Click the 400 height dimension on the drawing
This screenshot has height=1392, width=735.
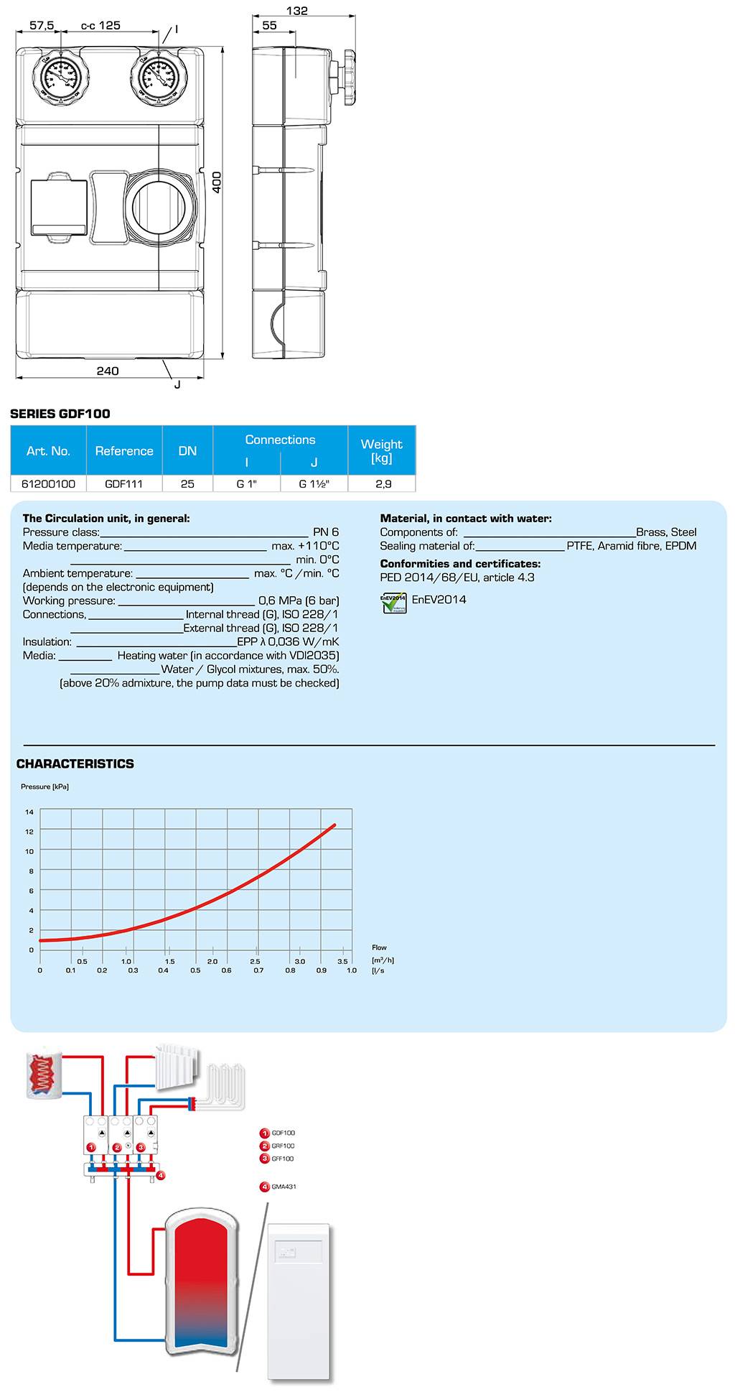pyautogui.click(x=217, y=182)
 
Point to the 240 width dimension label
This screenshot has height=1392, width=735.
pyautogui.click(x=108, y=371)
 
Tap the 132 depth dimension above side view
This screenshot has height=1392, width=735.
pyautogui.click(x=296, y=11)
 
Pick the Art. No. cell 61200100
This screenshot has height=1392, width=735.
pyautogui.click(x=48, y=483)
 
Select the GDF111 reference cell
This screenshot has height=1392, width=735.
pyautogui.click(x=123, y=483)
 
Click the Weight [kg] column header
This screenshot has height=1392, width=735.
pyautogui.click(x=381, y=450)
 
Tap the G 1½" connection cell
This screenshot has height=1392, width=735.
pyautogui.click(x=314, y=483)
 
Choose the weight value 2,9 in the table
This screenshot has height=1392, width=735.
pyautogui.click(x=383, y=483)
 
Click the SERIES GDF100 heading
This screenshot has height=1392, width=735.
pyautogui.click(x=60, y=413)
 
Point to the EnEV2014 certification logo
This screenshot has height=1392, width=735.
pyautogui.click(x=394, y=602)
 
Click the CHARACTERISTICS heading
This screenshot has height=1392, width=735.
pyautogui.click(x=75, y=764)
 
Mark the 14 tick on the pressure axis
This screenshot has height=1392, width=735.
pyautogui.click(x=29, y=812)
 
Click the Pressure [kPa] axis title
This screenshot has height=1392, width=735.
pyautogui.click(x=45, y=787)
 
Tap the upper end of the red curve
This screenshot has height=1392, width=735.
pyautogui.click(x=334, y=825)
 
